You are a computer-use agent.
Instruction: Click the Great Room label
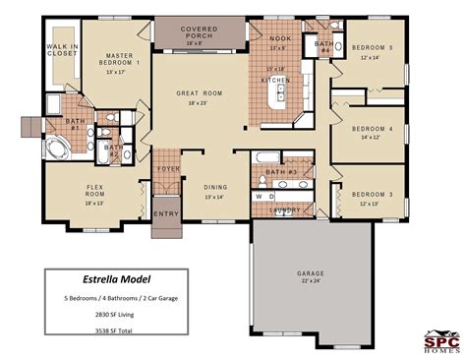201,93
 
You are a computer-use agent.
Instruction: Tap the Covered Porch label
193,30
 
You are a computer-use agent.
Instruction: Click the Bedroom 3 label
371,193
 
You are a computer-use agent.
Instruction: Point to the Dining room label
215,187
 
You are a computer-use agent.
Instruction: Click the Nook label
279,39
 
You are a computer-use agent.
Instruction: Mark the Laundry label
284,210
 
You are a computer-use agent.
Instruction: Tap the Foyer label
168,169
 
